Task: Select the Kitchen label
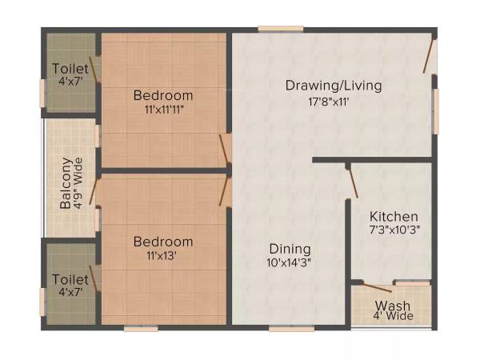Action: (x=393, y=216)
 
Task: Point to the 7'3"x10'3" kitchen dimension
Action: (x=394, y=230)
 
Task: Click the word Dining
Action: (x=290, y=249)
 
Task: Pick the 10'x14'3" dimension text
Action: (x=290, y=262)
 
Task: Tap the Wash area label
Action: (x=393, y=306)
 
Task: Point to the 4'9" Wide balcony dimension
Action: (x=78, y=182)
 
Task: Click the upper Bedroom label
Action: (x=163, y=95)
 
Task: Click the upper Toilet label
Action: (x=70, y=68)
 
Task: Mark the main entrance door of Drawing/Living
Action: (x=431, y=56)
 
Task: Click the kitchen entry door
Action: (x=352, y=181)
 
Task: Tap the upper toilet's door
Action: (x=95, y=69)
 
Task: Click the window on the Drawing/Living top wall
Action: (x=280, y=30)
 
